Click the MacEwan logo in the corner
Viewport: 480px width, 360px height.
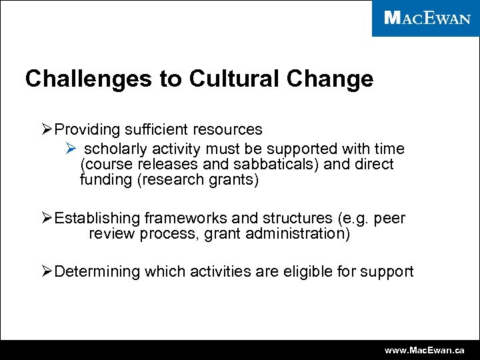point(427,18)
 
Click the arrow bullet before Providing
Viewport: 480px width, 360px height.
point(47,129)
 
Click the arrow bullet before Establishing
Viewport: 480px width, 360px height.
point(47,219)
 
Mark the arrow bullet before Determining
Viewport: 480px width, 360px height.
point(47,272)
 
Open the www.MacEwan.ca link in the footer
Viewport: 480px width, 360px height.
point(428,350)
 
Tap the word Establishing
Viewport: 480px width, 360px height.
point(97,219)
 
